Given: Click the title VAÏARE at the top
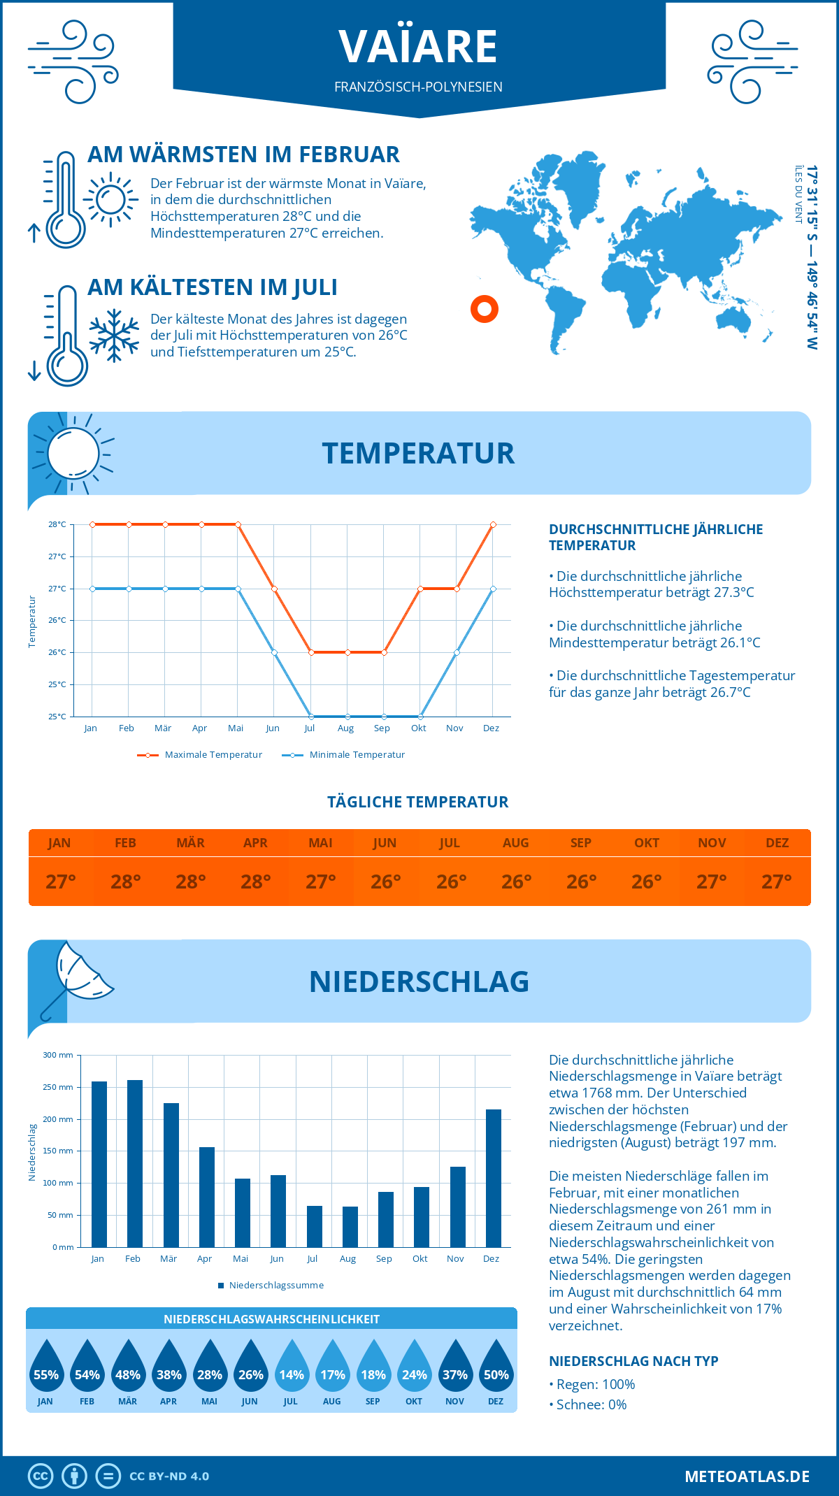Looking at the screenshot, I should pos(418,46).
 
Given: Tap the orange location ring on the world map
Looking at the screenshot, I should pos(484,308).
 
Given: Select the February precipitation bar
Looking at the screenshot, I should pos(134,1163).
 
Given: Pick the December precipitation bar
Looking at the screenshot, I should pos(494,1178).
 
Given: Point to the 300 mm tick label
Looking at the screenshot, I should pos(58,1055).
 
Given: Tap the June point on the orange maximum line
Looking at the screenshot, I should pos(274,589).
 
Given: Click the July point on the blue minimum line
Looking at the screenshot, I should pos(311,717).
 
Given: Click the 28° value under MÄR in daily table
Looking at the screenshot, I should pos(190,882).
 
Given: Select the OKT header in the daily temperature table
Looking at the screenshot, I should pos(646,842).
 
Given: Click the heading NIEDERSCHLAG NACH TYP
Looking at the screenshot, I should pos(633,1361).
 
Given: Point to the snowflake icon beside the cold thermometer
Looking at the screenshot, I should pos(114,335).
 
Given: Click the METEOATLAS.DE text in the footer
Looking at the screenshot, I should pos(747,1476).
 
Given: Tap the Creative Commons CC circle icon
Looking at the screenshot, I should pos(41,1476).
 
